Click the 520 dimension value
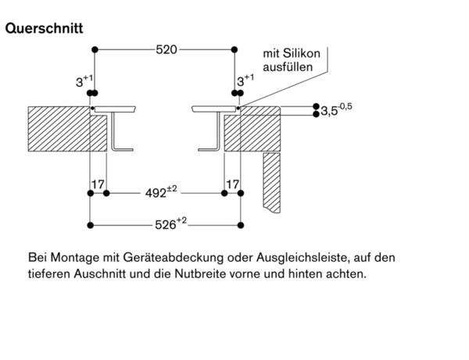point(166,50)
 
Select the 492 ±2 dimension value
point(161,190)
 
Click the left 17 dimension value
point(98,184)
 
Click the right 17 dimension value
point(231,184)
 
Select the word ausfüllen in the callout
point(288,68)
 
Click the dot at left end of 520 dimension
point(95,50)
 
